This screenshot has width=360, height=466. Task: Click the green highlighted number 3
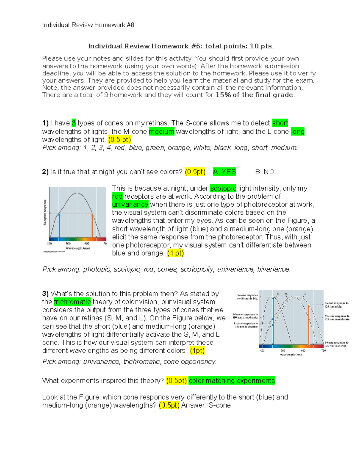click(74, 123)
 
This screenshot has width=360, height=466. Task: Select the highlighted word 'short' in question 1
click(280, 123)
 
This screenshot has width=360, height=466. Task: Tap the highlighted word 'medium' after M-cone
click(161, 131)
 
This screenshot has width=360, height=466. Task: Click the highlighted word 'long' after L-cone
click(298, 131)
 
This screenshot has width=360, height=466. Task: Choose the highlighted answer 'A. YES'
click(224, 172)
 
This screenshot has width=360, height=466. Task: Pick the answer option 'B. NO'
click(265, 172)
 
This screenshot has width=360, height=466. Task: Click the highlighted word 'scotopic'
click(223, 188)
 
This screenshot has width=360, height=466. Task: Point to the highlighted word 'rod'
click(117, 196)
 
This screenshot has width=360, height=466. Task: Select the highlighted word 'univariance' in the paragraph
click(130, 204)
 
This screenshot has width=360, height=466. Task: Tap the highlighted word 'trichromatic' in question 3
click(72, 302)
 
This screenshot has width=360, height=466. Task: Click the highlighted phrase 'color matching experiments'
click(232, 380)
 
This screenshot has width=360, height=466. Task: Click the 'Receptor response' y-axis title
click(45, 212)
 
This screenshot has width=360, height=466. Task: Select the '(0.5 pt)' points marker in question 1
click(119, 140)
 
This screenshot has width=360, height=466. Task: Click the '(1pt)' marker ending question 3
click(197, 350)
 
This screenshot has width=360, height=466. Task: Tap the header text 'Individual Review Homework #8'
click(88, 25)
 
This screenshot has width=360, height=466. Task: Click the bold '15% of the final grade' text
click(254, 95)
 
